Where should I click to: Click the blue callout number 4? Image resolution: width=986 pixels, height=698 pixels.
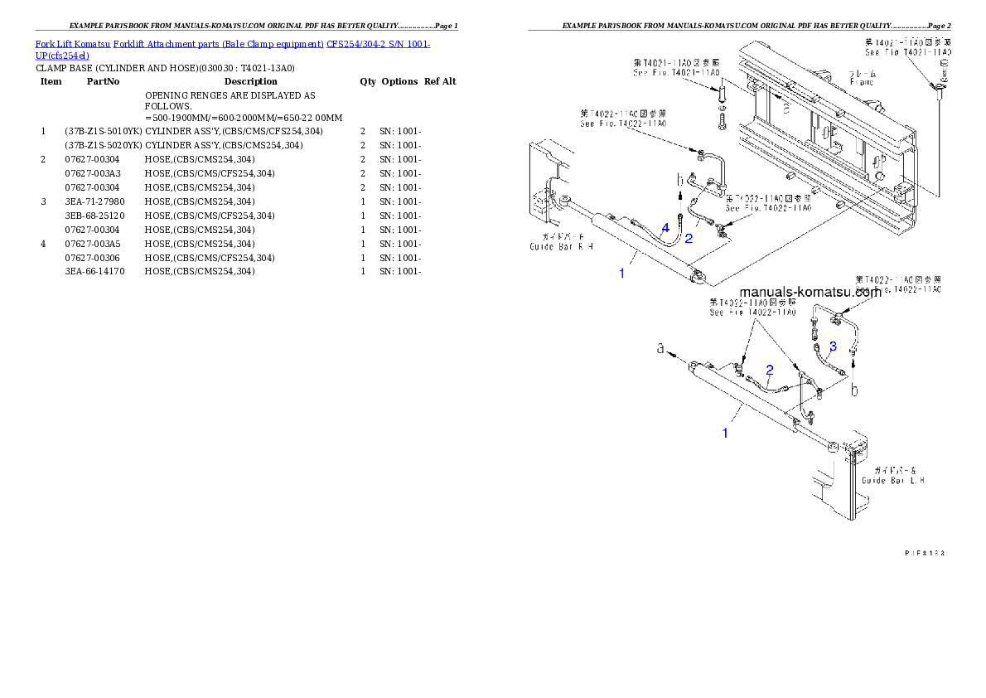pos(665,227)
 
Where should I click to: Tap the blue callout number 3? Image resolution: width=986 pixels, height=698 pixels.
pos(833,345)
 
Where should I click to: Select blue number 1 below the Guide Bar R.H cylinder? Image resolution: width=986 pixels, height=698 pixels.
pos(622,273)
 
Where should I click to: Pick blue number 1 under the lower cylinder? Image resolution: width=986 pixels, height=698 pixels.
pos(725,433)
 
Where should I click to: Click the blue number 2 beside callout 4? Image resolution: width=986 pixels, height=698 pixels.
pos(688,239)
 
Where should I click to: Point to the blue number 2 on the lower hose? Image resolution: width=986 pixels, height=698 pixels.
pos(769,370)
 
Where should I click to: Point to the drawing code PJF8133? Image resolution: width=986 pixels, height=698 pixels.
pos(924,551)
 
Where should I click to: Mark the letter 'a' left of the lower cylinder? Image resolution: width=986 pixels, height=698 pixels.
pos(661,350)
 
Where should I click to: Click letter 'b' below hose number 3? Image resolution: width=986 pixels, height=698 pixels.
pos(853,388)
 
